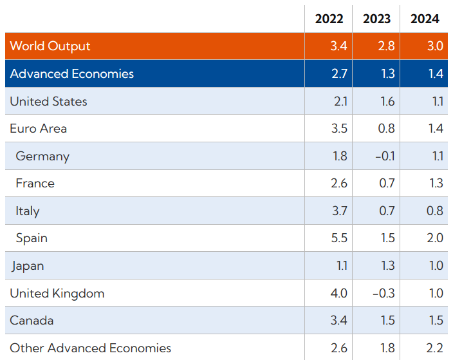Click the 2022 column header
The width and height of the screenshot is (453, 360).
coord(329,19)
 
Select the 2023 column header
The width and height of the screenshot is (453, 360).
coord(376,19)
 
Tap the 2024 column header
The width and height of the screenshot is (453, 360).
coord(425,19)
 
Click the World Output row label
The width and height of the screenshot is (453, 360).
coord(50,46)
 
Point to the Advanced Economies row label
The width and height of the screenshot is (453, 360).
coord(71,73)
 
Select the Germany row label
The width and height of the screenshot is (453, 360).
coord(42,156)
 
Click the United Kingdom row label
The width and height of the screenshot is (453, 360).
coord(57,294)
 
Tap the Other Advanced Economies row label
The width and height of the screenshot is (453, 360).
coord(91,348)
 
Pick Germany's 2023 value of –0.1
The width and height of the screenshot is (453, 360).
coord(385,156)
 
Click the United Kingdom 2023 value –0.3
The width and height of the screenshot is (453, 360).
coord(384,293)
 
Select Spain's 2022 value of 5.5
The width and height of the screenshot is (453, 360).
coord(339,238)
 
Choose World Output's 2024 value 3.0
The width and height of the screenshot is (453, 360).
coord(435,46)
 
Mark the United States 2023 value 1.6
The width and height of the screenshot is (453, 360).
coord(387,102)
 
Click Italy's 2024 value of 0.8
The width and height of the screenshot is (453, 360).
coord(435,211)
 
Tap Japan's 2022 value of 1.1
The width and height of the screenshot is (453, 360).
coord(342,265)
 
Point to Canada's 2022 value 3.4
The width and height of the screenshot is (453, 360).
coord(339,320)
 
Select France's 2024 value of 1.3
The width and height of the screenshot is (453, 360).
coord(436,184)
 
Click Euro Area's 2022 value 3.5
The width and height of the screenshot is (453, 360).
coord(339,128)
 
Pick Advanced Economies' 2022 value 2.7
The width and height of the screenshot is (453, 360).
coord(339,73)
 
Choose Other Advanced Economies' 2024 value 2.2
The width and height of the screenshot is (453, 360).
coord(434,348)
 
